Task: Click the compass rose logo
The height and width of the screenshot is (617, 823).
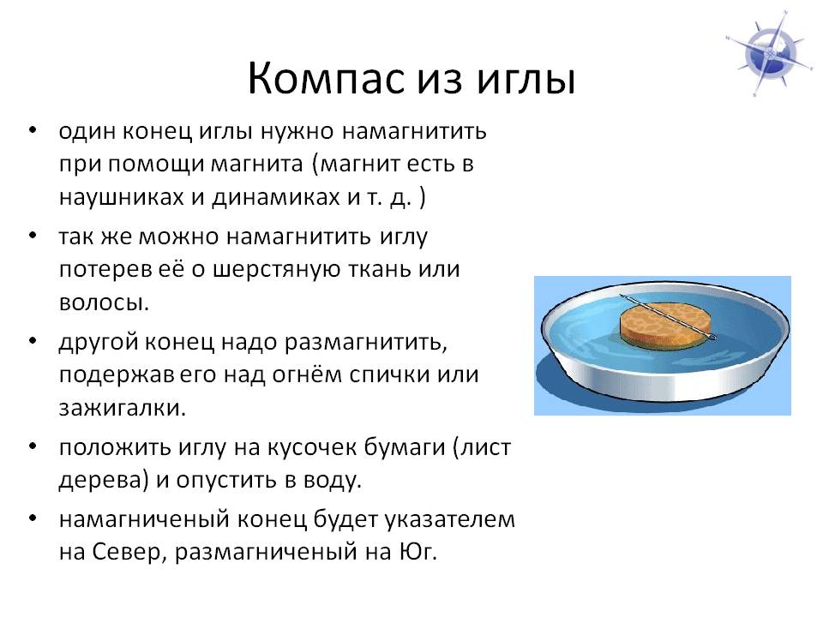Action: click(x=768, y=53)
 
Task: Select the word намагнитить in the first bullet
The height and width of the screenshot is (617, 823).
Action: click(x=415, y=131)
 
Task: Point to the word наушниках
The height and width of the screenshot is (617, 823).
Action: click(x=121, y=197)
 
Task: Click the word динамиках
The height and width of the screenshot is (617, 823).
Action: click(x=275, y=198)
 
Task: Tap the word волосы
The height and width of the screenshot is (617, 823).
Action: click(x=104, y=303)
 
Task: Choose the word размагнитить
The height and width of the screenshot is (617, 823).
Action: click(x=366, y=343)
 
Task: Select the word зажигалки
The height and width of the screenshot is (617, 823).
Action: click(x=123, y=408)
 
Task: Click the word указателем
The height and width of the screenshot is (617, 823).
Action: click(x=450, y=520)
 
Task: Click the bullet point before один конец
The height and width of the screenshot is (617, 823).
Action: click(x=33, y=129)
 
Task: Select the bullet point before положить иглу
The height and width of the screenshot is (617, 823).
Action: click(x=33, y=446)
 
